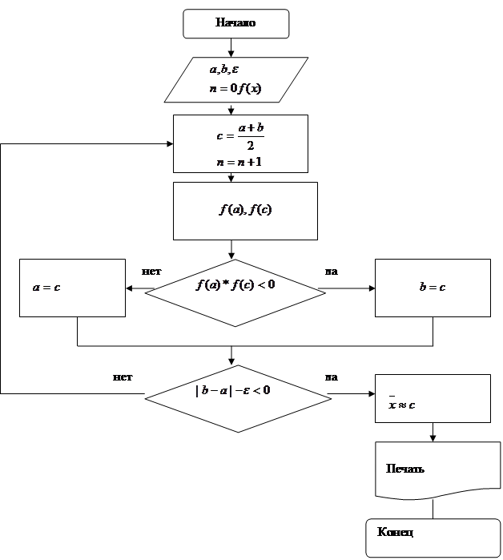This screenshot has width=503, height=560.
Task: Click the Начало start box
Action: (235, 23)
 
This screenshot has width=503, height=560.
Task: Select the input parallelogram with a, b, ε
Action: (236, 79)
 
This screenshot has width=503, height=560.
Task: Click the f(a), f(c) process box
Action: (245, 211)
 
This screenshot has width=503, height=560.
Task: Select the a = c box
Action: (72, 288)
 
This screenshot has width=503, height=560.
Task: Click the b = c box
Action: (433, 288)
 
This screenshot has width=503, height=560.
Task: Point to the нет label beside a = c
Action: (152, 272)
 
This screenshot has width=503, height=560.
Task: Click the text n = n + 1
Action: (239, 162)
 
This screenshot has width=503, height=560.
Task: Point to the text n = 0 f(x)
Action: (234, 89)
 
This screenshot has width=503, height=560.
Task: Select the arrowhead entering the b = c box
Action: (371, 288)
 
